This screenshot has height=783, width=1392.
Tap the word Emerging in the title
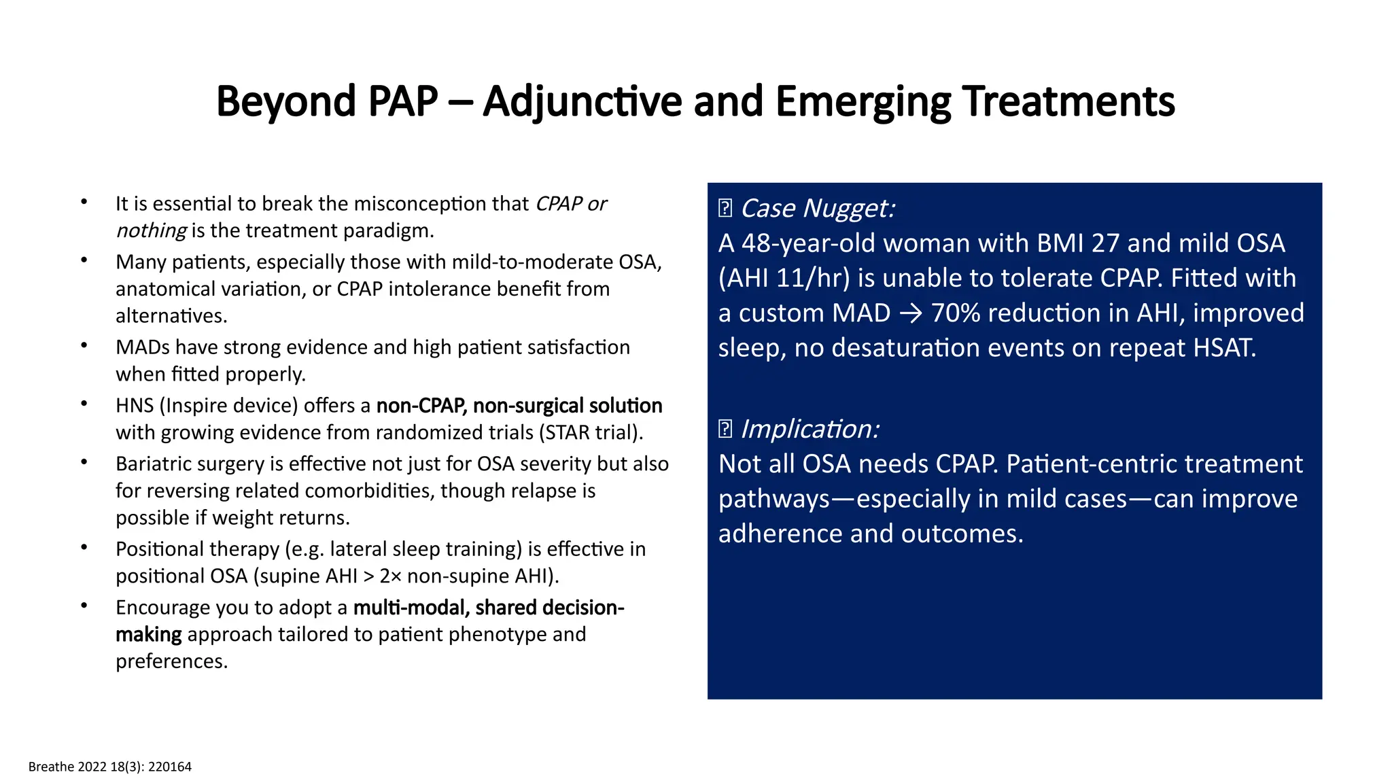pos(863,102)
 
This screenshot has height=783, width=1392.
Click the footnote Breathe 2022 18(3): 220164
pos(110,767)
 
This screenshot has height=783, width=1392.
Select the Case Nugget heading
pos(817,208)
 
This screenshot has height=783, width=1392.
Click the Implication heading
pos(810,429)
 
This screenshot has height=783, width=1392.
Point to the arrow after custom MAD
pos(910,313)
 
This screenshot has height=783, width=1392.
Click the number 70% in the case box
pos(956,313)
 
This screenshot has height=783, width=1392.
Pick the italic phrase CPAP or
pos(571,204)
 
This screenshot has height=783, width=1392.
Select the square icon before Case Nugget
pos(725,208)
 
